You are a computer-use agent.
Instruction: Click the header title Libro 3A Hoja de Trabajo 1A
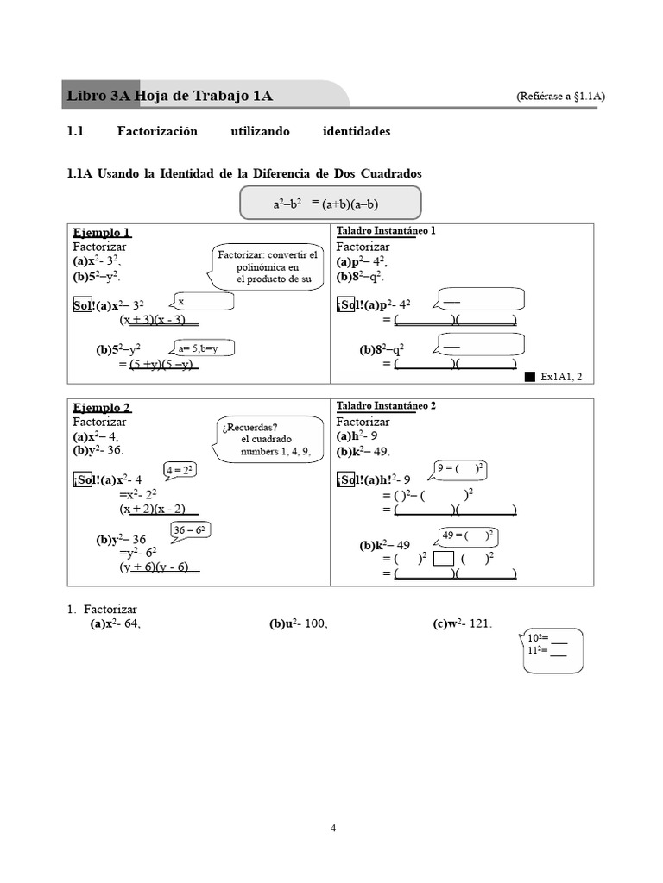click(x=169, y=96)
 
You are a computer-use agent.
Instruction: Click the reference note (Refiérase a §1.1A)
click(x=560, y=97)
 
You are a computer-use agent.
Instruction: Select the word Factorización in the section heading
click(x=157, y=132)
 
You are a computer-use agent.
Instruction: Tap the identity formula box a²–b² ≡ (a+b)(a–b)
click(x=331, y=204)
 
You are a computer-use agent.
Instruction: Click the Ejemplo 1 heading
click(x=102, y=233)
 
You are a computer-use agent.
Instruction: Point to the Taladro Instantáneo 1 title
click(x=386, y=231)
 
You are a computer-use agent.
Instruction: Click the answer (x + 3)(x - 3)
click(x=160, y=320)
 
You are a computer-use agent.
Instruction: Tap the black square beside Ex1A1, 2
click(x=530, y=377)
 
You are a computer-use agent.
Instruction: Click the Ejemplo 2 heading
click(x=102, y=408)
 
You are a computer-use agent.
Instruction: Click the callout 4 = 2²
click(x=179, y=470)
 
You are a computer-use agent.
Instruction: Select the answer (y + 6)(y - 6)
click(x=160, y=567)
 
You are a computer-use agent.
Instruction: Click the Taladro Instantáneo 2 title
click(x=386, y=405)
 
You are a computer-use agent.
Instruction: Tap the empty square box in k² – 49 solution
click(x=443, y=559)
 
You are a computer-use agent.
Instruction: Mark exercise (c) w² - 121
click(x=463, y=624)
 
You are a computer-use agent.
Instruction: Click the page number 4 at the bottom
click(x=333, y=829)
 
